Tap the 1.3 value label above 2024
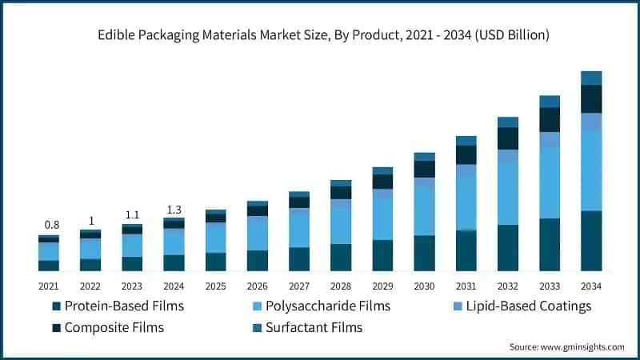(x=174, y=210)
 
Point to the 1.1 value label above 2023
(x=132, y=215)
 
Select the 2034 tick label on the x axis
(x=590, y=286)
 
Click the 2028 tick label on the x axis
(x=341, y=286)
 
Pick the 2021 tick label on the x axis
(x=49, y=286)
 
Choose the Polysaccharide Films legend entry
(x=320, y=306)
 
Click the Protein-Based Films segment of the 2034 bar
(x=591, y=241)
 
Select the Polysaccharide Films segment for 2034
(x=591, y=170)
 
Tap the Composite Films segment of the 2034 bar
(x=591, y=98)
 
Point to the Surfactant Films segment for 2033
(x=550, y=101)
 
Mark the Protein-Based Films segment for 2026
(x=258, y=261)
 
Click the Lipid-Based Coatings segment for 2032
(x=508, y=156)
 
